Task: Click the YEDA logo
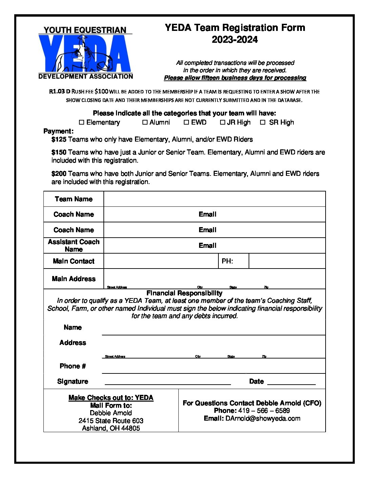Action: (x=85, y=53)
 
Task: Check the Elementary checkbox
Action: (x=81, y=122)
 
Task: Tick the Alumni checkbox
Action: (x=145, y=122)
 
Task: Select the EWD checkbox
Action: (x=186, y=122)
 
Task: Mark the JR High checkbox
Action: (x=222, y=122)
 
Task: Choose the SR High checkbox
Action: (x=263, y=122)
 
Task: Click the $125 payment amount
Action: (x=59, y=140)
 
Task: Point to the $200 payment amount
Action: (x=59, y=174)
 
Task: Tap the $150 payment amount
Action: (x=59, y=152)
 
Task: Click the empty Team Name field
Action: (x=214, y=199)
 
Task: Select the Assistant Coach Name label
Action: (x=74, y=245)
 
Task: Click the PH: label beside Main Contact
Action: (x=227, y=261)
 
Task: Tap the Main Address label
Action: (x=74, y=279)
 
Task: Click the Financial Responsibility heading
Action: (x=184, y=293)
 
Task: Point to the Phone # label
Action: (x=73, y=366)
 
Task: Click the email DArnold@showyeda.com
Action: (x=263, y=418)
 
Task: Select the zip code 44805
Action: (x=131, y=428)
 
